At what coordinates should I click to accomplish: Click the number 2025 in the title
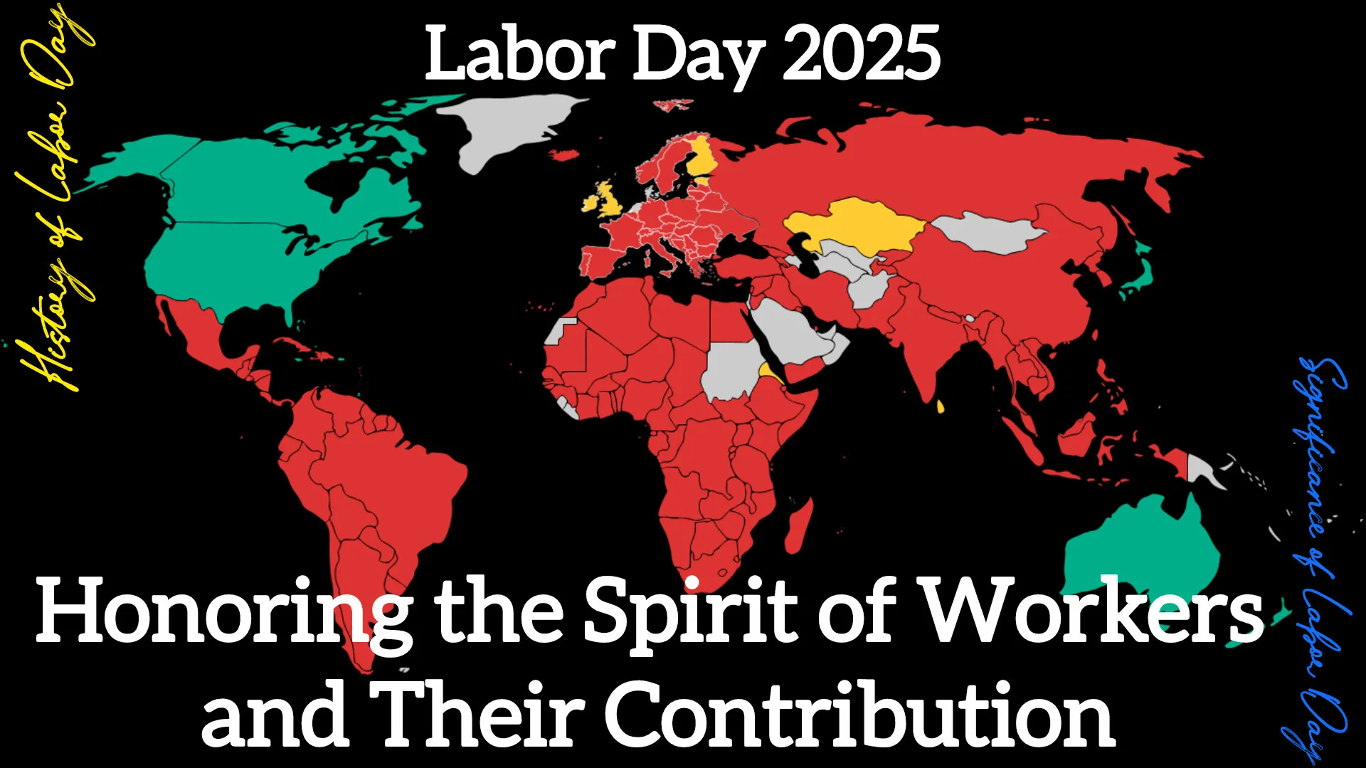861,53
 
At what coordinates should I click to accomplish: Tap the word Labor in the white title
519,53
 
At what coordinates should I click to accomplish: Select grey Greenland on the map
512,128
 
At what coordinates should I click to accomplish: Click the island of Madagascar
800,527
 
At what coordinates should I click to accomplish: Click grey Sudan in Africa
733,370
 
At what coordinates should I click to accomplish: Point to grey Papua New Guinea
1202,470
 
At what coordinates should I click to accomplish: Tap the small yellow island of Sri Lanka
940,406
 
